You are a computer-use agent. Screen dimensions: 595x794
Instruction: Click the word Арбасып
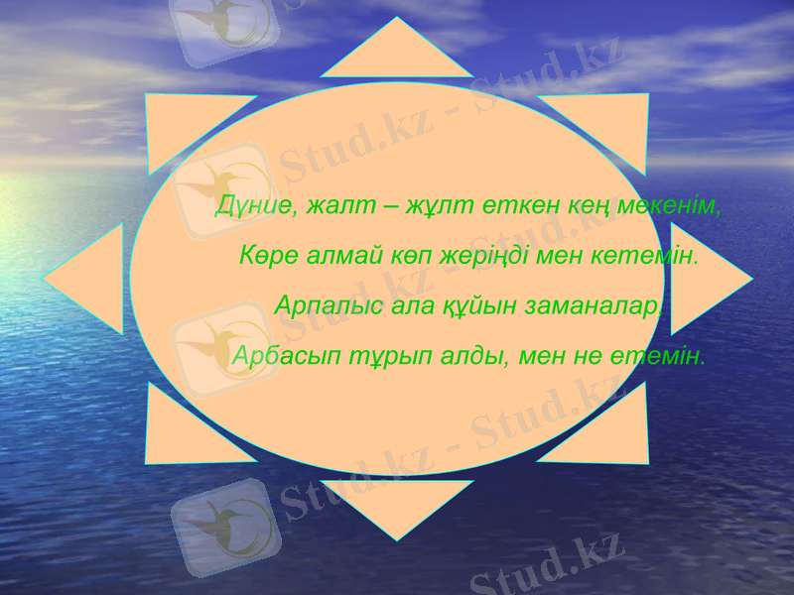pos(275,354)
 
